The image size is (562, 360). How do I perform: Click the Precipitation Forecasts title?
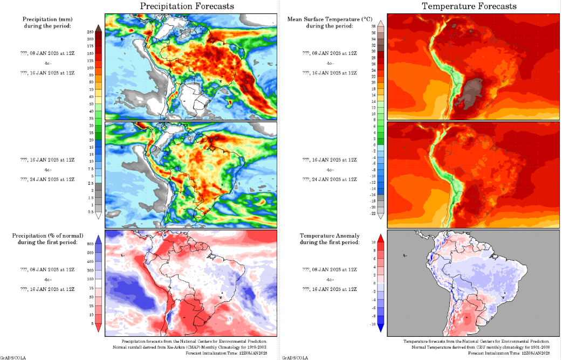[x=187, y=6]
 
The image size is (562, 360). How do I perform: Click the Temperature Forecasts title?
[x=469, y=6]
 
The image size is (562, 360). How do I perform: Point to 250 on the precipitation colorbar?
[x=90, y=32]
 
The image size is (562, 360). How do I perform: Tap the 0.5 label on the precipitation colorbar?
[x=90, y=211]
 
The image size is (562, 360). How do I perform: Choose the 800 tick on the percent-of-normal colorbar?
[x=90, y=244]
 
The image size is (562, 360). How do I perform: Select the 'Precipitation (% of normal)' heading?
[x=48, y=236]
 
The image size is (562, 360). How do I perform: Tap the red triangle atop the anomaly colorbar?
[x=380, y=237]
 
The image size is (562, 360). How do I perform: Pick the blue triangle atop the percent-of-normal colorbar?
[x=98, y=239]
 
